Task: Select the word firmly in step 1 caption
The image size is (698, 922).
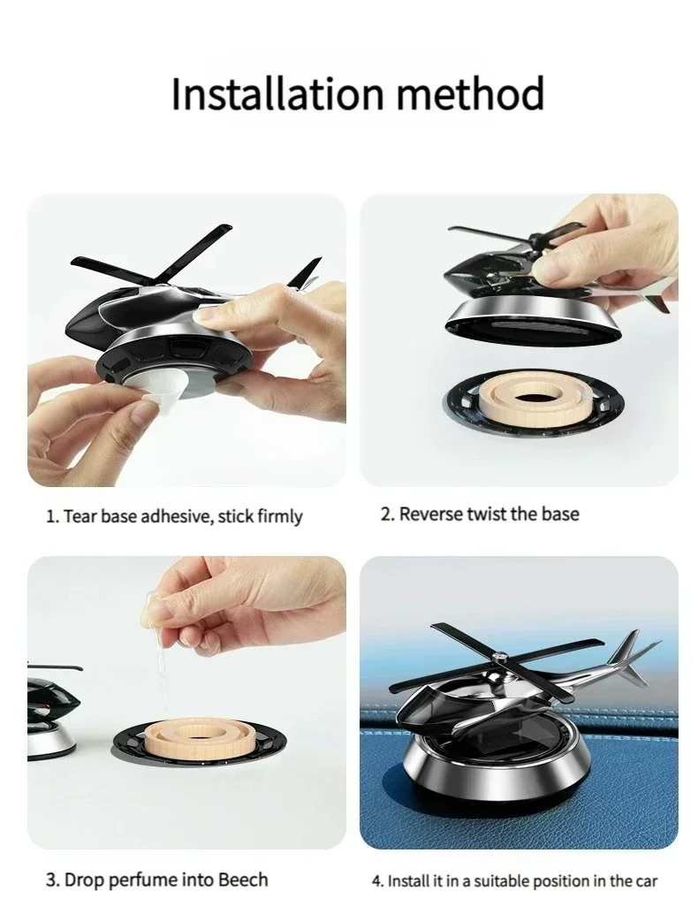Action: pyautogui.click(x=279, y=516)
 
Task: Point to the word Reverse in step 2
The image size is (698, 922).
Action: pyautogui.click(x=432, y=514)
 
